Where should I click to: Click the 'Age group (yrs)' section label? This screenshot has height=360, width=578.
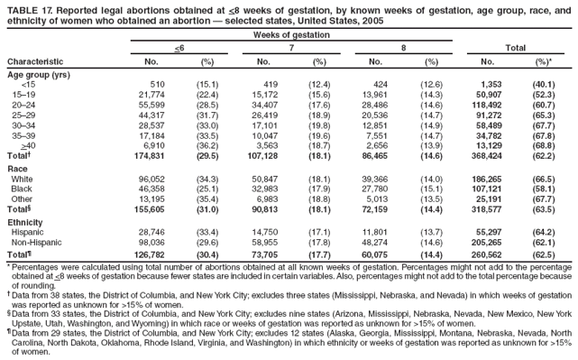pos(37,75)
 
